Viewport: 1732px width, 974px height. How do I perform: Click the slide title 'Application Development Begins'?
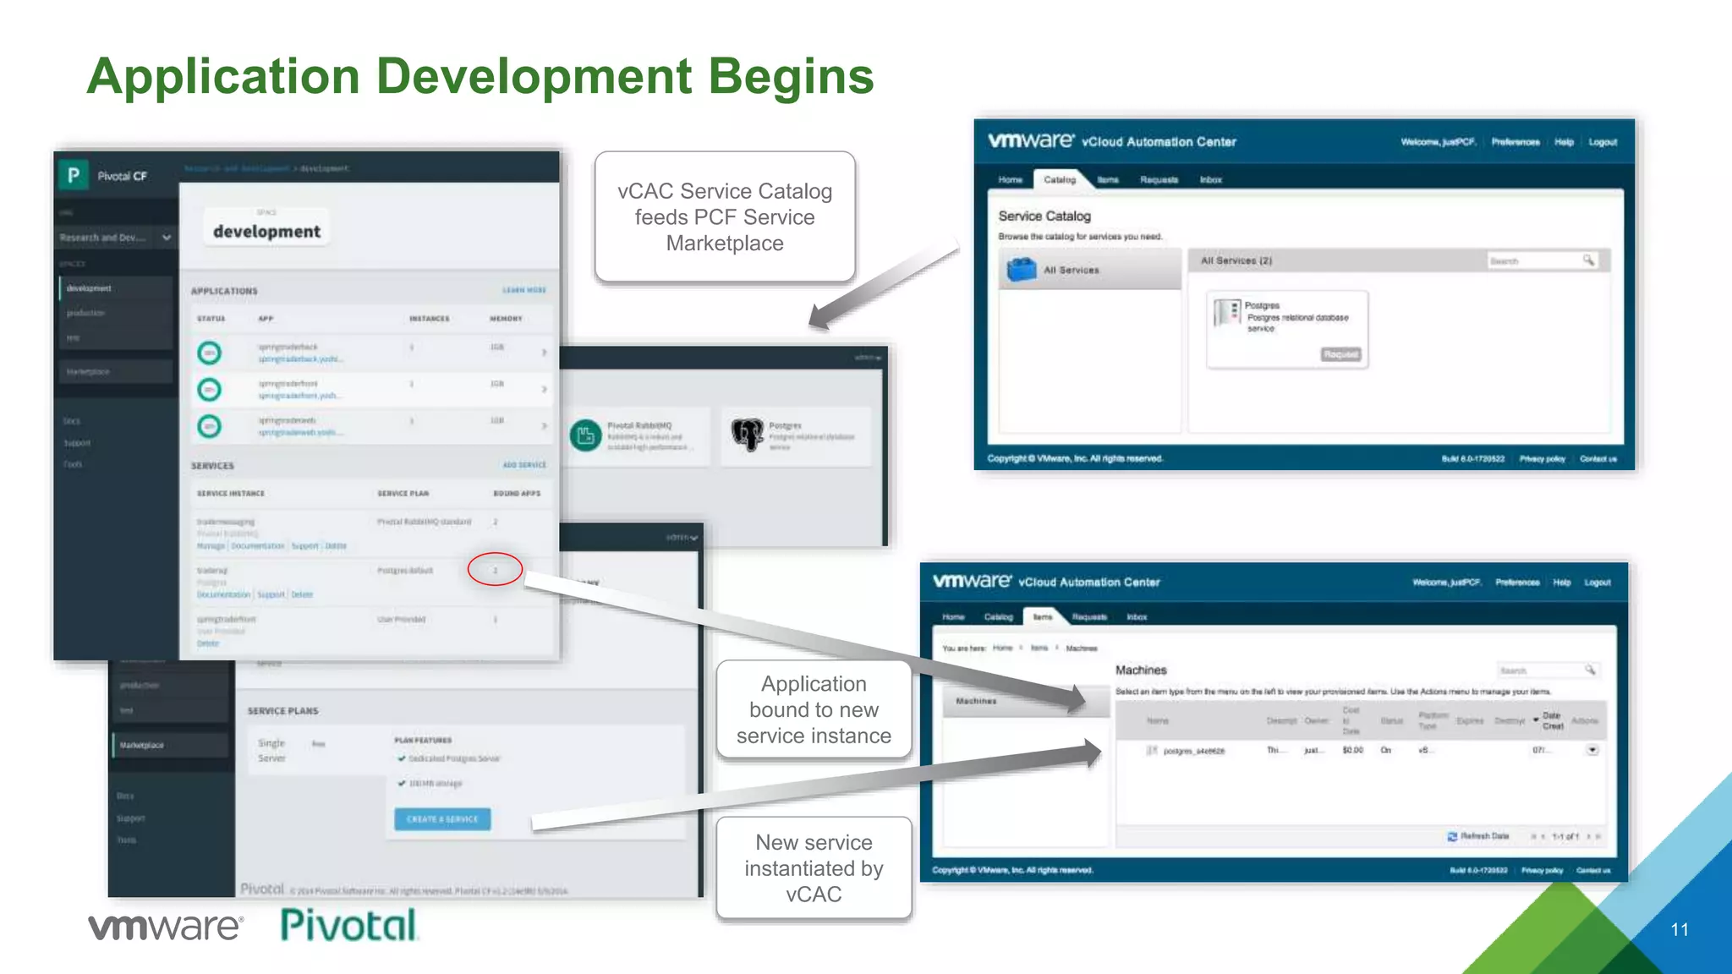tap(480, 76)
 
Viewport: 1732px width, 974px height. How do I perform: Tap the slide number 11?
tap(1680, 930)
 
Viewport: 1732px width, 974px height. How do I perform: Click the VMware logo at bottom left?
tap(166, 927)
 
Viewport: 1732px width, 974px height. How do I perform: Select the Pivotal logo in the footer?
tap(348, 925)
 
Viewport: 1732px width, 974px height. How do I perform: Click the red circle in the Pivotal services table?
tap(495, 570)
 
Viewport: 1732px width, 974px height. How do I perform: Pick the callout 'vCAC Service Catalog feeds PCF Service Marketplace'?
tap(725, 217)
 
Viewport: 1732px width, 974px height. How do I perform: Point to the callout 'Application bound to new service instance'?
tap(814, 709)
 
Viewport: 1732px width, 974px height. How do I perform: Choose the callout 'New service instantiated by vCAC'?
tap(814, 868)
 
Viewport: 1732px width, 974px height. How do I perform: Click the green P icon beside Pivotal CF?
tap(74, 175)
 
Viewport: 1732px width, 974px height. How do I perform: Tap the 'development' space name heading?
tap(266, 232)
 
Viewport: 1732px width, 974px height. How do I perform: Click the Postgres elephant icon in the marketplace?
tap(748, 435)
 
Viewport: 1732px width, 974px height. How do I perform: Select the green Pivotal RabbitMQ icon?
tap(585, 435)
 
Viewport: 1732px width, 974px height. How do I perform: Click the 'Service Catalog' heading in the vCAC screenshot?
tap(1044, 216)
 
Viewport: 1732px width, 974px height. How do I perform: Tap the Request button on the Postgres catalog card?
tap(1340, 354)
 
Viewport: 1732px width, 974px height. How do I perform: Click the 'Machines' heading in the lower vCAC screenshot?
tap(1141, 670)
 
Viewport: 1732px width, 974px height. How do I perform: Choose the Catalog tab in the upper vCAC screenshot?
tap(1060, 180)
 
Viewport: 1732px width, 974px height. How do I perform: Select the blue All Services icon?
tap(1022, 270)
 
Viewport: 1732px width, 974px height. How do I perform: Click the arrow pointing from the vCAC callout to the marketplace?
tap(884, 287)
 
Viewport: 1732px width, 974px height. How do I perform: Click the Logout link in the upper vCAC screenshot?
tap(1603, 142)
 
